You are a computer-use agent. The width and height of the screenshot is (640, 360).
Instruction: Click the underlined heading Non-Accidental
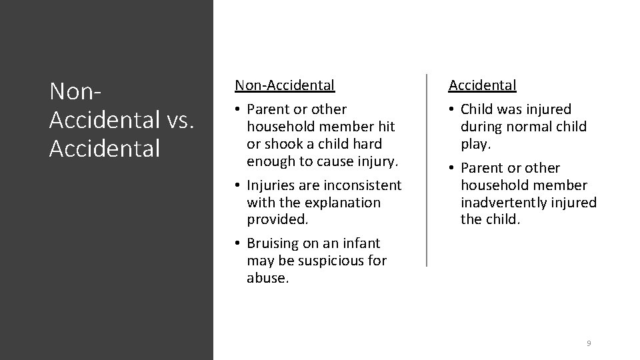284,85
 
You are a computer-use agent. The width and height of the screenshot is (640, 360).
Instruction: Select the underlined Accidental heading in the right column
482,85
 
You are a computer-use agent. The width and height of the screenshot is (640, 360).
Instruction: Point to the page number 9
589,343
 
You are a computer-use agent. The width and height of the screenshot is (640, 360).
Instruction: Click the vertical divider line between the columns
427,170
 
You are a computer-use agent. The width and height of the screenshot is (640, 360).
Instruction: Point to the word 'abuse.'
268,278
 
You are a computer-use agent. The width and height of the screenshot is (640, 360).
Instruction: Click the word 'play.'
475,143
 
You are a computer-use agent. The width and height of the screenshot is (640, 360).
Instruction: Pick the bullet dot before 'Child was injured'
452,109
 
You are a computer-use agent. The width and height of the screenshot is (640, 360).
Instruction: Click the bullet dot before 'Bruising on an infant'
238,244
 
